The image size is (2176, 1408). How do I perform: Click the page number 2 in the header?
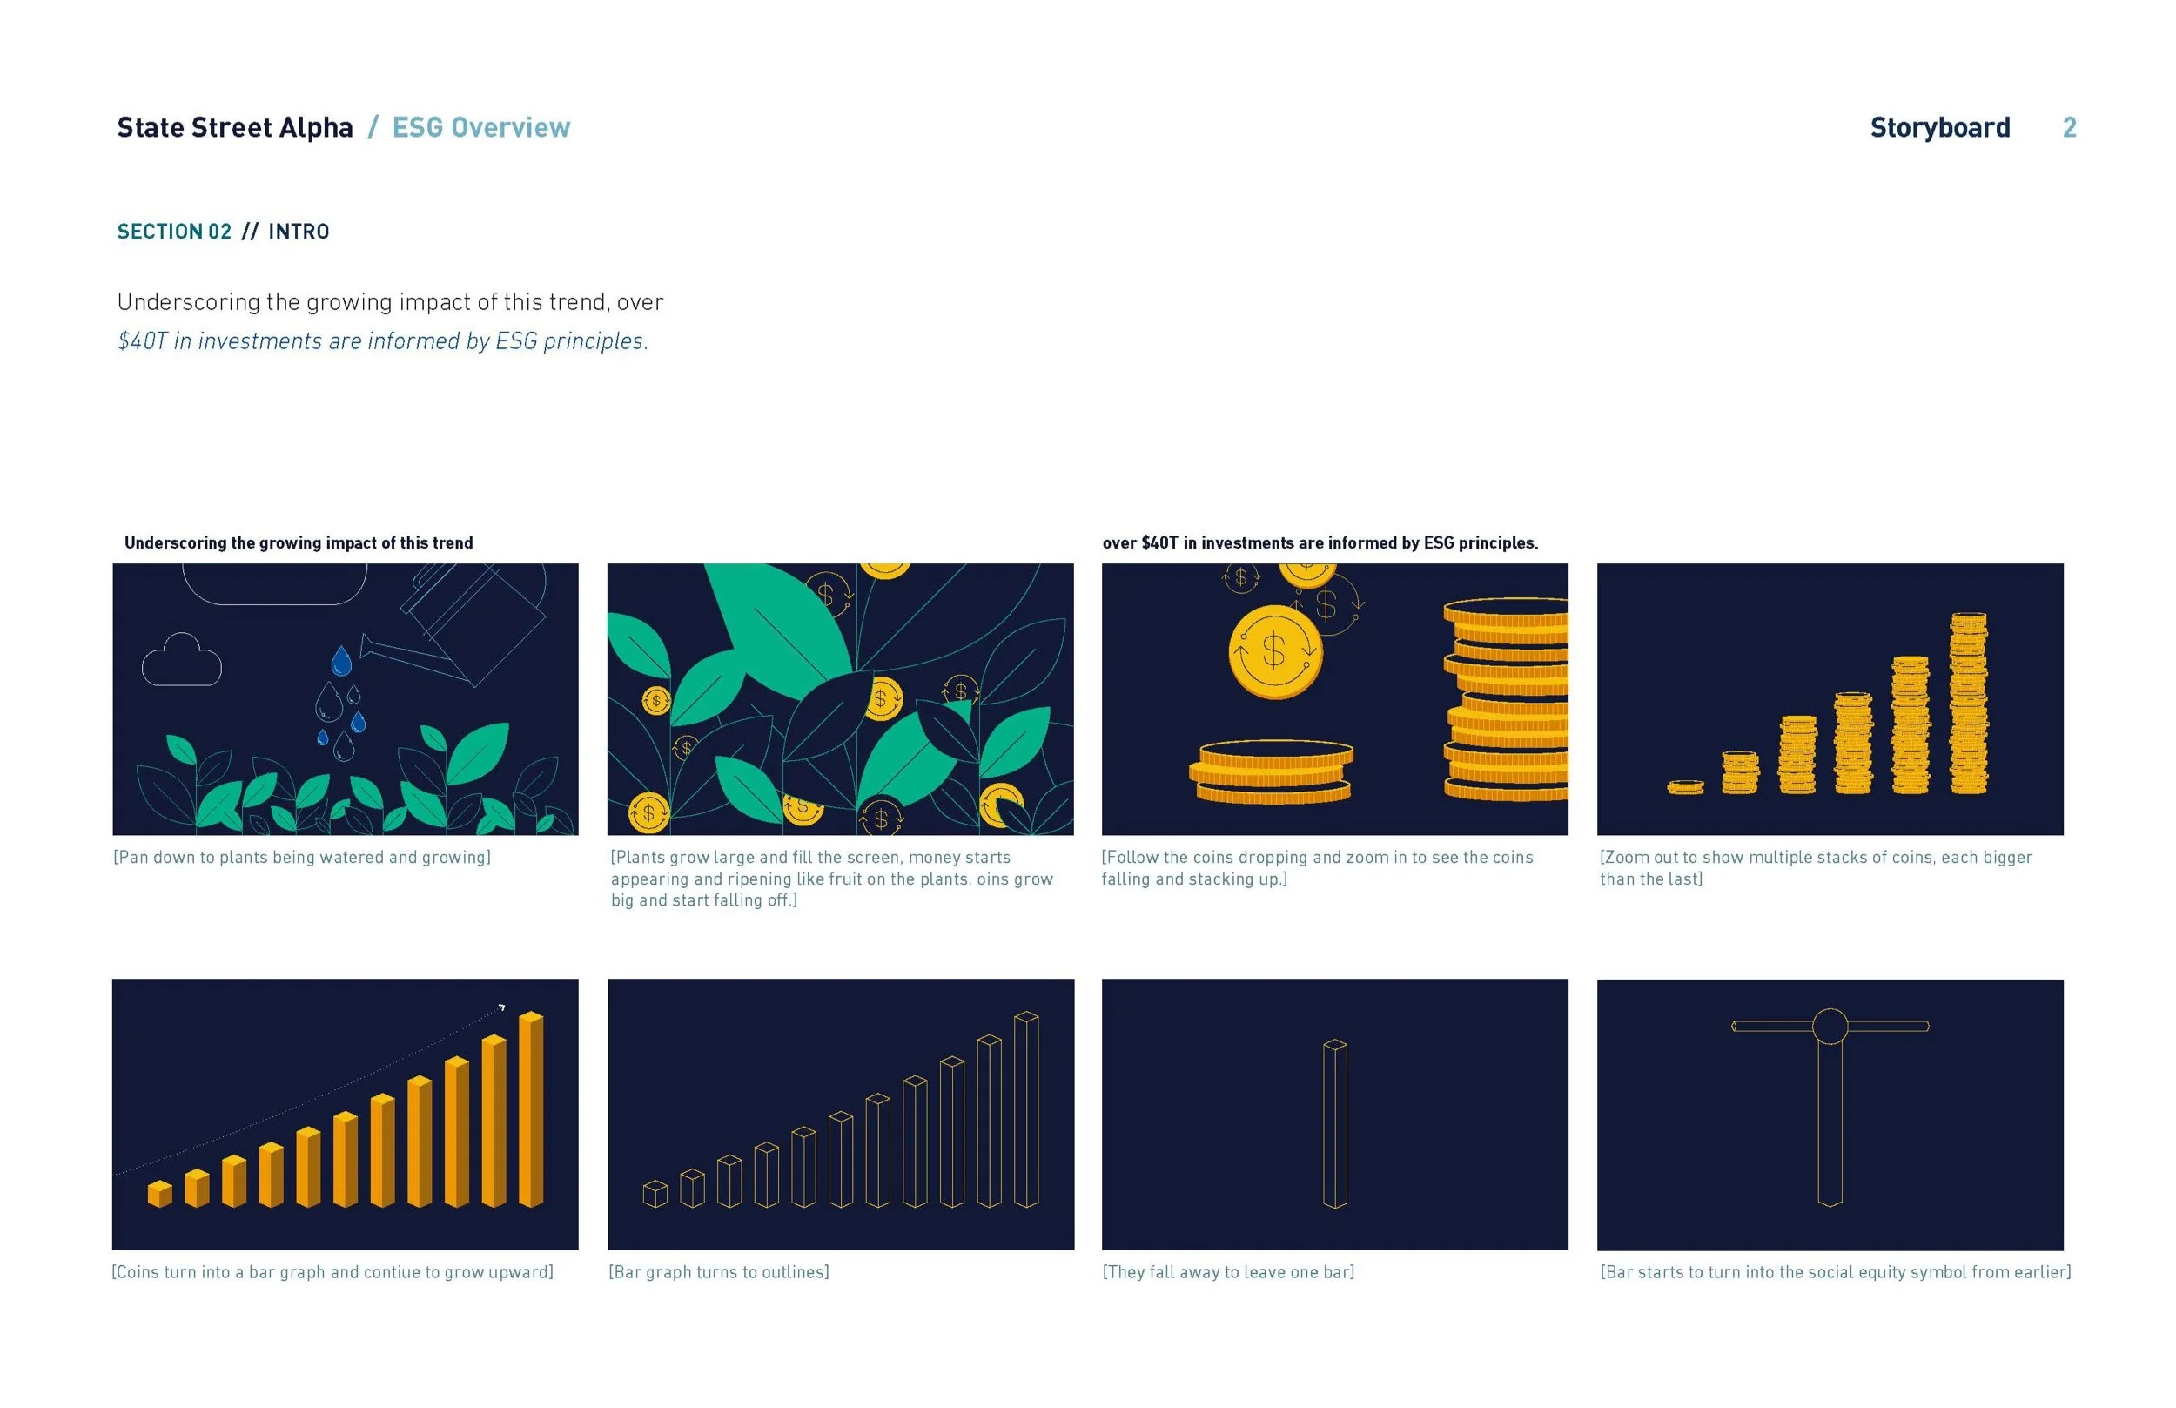pos(2068,127)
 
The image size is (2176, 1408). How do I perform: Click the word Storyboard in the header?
pos(1939,127)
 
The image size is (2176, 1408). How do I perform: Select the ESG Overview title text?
pos(480,127)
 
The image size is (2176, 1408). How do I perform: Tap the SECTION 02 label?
pos(173,232)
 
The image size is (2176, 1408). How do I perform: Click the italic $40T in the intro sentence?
pos(143,341)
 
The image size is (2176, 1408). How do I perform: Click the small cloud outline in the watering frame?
pos(181,661)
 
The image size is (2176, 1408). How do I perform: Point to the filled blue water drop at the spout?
pos(341,661)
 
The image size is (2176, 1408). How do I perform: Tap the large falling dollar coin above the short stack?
pos(1274,651)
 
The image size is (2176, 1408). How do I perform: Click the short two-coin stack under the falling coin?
pos(1272,771)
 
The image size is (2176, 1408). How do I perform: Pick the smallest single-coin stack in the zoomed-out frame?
pos(1685,786)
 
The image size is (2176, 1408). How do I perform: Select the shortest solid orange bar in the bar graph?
pos(160,1194)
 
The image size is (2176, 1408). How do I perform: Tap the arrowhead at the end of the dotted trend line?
pos(501,1007)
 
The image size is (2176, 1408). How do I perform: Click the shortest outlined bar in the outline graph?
pos(655,1194)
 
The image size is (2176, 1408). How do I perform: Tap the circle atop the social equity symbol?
pos(1830,1026)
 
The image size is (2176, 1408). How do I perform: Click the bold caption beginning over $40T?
pos(1320,543)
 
